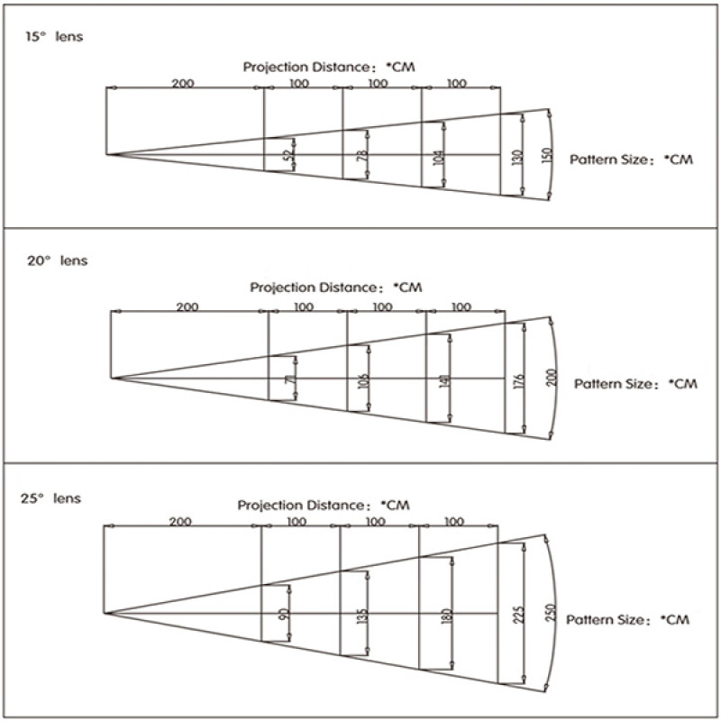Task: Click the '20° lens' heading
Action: [x=56, y=260]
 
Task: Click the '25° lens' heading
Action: [x=50, y=497]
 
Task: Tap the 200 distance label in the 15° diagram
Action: [x=183, y=83]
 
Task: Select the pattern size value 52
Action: [x=287, y=155]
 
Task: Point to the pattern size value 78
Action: [x=362, y=156]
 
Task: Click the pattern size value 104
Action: [x=439, y=155]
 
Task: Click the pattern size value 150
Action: [x=543, y=155]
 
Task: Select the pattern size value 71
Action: [x=289, y=379]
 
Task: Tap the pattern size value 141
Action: [x=443, y=379]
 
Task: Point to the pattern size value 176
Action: [x=520, y=379]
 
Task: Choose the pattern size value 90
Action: [x=283, y=615]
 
